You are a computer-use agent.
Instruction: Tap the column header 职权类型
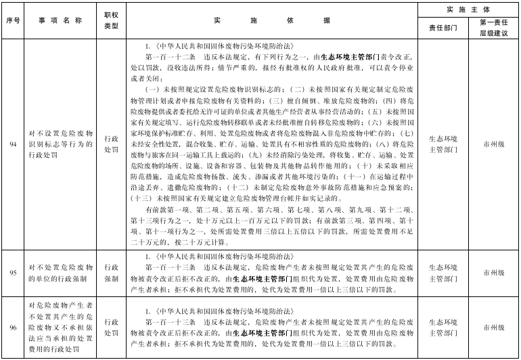111,20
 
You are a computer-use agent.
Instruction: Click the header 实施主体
468,9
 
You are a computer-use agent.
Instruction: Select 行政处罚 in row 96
111,328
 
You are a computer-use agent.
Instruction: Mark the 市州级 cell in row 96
494,328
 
